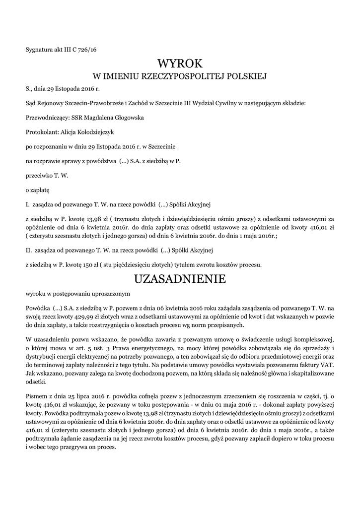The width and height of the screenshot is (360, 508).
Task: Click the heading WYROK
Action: click(180, 63)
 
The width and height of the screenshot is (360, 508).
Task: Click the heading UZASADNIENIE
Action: click(180, 279)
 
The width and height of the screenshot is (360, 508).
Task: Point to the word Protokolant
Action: click(41, 132)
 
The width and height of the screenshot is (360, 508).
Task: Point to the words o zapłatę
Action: click(34, 190)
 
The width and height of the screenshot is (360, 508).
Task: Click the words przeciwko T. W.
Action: click(47, 175)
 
